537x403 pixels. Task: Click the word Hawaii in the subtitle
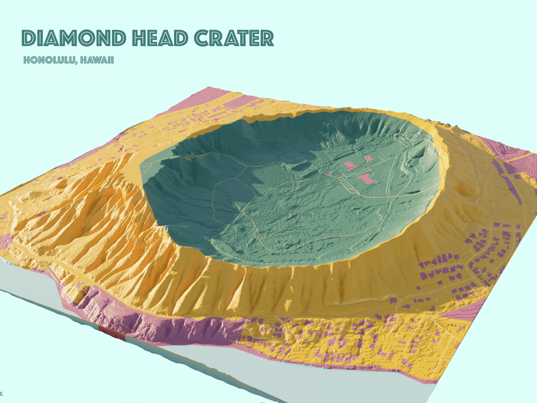[98, 60]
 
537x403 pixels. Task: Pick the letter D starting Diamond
[28, 39]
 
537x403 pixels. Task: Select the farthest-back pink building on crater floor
[368, 159]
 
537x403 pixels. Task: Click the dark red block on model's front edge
[111, 334]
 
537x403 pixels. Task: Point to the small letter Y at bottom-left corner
[2, 394]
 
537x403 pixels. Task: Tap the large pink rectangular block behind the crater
[237, 102]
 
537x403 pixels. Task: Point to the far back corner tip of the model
[207, 87]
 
